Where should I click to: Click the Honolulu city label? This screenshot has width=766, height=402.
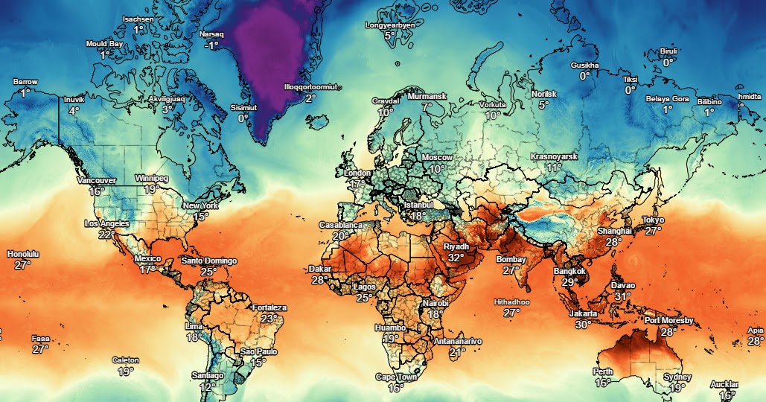[x=22, y=255]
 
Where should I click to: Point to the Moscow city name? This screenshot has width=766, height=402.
[x=437, y=158]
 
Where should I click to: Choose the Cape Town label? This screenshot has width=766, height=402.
[x=395, y=377]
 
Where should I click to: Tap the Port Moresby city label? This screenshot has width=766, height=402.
[x=668, y=321]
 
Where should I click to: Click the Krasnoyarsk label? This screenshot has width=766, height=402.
[x=554, y=157]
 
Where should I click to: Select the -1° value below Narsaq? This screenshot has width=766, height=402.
[x=212, y=45]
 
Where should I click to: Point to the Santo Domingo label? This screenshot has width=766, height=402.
[x=209, y=261]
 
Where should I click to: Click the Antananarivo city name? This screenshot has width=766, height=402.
[x=458, y=341]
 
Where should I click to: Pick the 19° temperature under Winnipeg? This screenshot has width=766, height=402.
[x=150, y=190]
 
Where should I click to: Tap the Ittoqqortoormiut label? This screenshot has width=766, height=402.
[x=310, y=87]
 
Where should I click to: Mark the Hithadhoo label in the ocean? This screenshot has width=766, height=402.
[x=511, y=302]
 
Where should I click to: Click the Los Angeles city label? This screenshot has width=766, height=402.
[x=106, y=223]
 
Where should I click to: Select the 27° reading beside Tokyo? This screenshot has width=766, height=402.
[x=653, y=231]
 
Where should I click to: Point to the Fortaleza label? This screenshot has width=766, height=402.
[x=269, y=307]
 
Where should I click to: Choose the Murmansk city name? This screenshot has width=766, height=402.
[x=427, y=97]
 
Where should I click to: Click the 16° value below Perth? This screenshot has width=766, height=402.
[x=603, y=383]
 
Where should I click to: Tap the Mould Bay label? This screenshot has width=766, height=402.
[x=104, y=44]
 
